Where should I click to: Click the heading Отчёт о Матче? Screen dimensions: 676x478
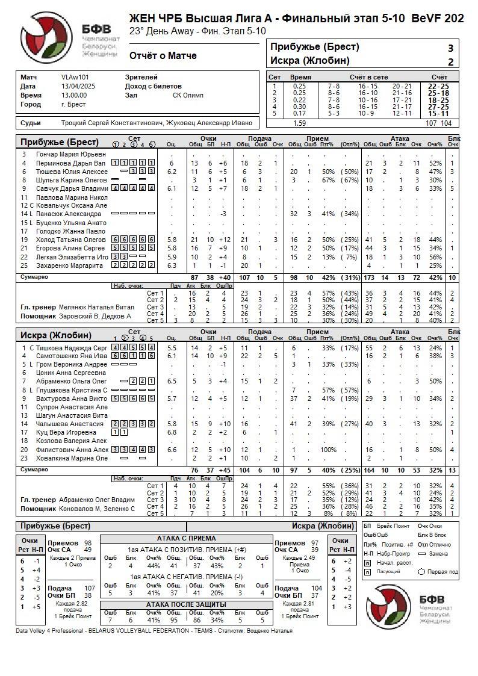click(163, 56)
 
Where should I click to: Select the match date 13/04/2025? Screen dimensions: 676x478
click(74, 86)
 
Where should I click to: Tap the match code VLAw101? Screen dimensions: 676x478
click(75, 77)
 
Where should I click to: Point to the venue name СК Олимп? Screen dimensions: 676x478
click(188, 95)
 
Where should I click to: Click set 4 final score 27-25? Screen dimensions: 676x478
click(438, 107)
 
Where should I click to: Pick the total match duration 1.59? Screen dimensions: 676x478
click(299, 123)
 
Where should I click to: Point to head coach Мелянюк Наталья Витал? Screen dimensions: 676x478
click(96, 307)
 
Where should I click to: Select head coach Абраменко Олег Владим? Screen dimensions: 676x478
click(96, 500)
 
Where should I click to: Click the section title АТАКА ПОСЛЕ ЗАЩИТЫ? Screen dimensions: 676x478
click(186, 604)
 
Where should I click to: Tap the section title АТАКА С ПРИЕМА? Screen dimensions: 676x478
click(186, 538)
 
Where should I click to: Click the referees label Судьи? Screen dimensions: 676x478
click(31, 123)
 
